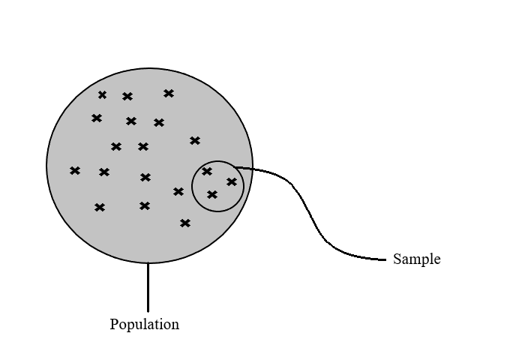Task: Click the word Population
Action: click(x=144, y=325)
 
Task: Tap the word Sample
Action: click(x=416, y=259)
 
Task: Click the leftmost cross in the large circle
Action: click(x=75, y=171)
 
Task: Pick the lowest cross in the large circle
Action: click(x=185, y=223)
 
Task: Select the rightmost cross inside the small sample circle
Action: click(x=232, y=181)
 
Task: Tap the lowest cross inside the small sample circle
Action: click(x=212, y=195)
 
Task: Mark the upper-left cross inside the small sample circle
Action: click(x=207, y=171)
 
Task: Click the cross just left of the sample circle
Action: click(x=178, y=191)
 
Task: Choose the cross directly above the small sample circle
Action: click(x=195, y=140)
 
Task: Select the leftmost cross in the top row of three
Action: click(x=103, y=94)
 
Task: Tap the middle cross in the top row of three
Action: click(x=127, y=96)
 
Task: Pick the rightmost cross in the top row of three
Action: click(x=169, y=93)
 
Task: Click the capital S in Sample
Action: click(x=397, y=259)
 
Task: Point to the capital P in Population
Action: click(x=114, y=325)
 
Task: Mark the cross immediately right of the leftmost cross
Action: click(x=104, y=172)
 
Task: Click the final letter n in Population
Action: click(x=175, y=325)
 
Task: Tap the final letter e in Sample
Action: click(x=437, y=260)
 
